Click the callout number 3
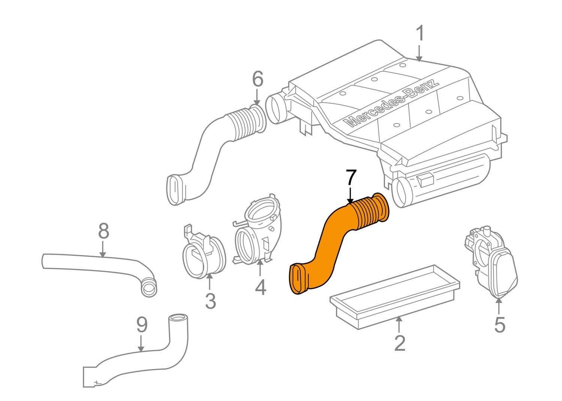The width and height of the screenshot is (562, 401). tap(210, 301)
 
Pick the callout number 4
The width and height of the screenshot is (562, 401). tap(260, 287)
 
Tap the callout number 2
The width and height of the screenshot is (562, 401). tap(399, 343)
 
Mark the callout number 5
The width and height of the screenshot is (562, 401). tap(499, 324)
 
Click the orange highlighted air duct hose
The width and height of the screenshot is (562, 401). tap(330, 243)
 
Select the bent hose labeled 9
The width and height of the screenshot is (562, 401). tap(150, 356)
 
